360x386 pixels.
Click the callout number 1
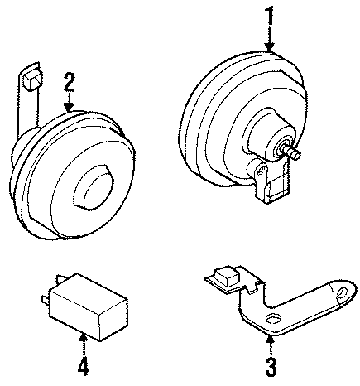point(269,15)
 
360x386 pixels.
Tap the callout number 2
point(70,82)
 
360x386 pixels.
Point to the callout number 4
point(83,365)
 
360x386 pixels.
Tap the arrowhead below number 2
point(70,108)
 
